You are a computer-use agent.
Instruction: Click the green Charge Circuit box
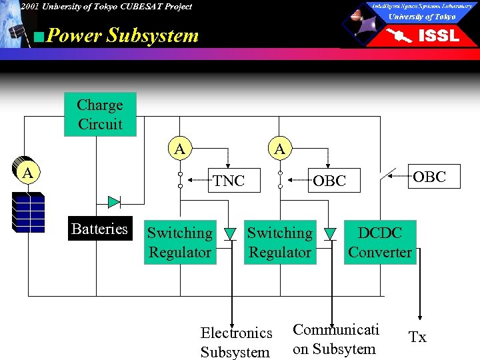(100, 114)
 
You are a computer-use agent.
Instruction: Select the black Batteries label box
(99, 229)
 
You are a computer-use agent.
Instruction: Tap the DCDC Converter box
(379, 243)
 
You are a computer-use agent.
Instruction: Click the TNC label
(229, 181)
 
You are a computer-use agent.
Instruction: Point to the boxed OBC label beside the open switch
(429, 177)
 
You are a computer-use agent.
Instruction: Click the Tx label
(417, 338)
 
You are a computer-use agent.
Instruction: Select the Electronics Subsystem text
(236, 342)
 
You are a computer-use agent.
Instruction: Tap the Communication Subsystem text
(335, 339)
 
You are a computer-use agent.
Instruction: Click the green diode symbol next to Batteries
(114, 201)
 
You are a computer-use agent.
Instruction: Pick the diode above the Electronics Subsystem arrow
(231, 233)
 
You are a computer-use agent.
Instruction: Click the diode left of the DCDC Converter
(330, 233)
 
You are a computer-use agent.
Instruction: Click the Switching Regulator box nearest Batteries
(179, 243)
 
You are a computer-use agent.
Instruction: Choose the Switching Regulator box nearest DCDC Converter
(279, 243)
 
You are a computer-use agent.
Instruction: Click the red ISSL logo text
(438, 36)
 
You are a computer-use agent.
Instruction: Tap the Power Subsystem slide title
(123, 35)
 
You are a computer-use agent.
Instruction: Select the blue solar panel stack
(28, 212)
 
